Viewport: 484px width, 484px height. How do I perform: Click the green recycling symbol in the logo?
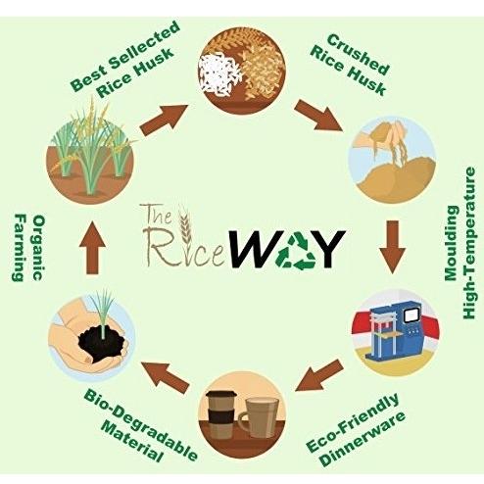click(295, 251)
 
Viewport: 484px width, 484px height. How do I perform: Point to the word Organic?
click(38, 247)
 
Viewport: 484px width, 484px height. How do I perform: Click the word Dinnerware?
click(363, 437)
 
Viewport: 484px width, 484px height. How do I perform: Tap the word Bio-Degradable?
click(141, 424)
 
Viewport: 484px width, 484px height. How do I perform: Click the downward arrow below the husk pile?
click(392, 247)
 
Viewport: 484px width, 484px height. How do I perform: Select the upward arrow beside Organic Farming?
click(92, 247)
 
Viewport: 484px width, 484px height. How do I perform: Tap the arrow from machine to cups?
click(319, 374)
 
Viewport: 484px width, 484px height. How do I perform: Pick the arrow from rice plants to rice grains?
click(164, 121)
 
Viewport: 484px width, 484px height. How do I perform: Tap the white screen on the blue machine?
click(411, 315)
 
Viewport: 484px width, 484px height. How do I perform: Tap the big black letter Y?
click(330, 249)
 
